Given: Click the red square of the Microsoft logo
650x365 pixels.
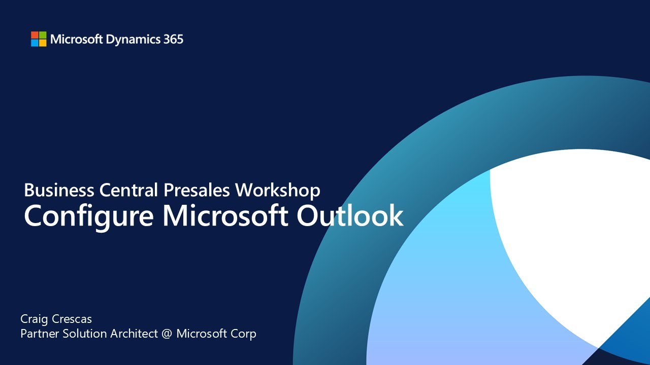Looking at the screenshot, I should click(35, 35).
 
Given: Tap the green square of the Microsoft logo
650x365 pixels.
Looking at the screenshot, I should click(43, 35).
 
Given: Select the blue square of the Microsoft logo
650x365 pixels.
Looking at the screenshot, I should click(35, 43).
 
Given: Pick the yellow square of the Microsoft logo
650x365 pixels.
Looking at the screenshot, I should click(43, 43).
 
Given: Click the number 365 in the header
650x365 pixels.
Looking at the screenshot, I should click(173, 39).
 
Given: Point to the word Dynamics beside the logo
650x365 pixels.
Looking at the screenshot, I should click(133, 40).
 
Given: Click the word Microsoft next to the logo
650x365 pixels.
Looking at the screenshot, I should click(77, 39).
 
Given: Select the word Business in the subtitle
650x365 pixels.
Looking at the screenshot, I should click(59, 190).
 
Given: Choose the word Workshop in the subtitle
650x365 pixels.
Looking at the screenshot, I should click(278, 190).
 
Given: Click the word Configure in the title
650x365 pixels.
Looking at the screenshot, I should click(89, 216).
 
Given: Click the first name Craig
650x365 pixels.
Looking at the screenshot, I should click(35, 319).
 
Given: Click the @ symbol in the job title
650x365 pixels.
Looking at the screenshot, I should click(166, 334).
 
